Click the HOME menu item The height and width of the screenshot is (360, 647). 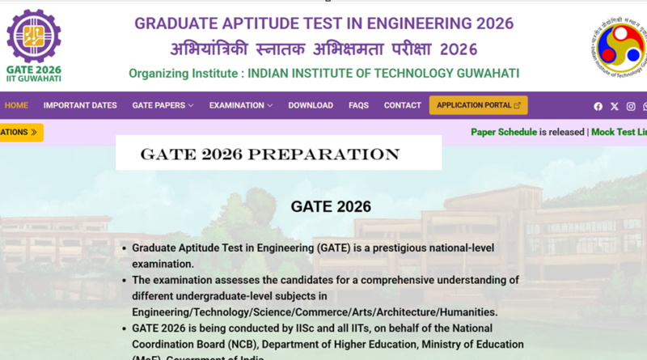[16, 105]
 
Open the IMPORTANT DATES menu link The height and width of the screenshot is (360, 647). [80, 105]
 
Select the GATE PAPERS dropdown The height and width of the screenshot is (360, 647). [163, 105]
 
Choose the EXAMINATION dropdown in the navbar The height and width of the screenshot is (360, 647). [240, 105]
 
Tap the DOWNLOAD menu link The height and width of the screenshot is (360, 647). [311, 105]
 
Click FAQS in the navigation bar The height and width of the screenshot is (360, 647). [358, 105]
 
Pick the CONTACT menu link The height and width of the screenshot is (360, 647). [402, 105]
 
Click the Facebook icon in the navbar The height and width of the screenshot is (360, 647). [598, 106]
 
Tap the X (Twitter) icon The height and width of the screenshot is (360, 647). [615, 106]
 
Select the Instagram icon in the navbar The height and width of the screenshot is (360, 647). [631, 106]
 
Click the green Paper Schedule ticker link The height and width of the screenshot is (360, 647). [504, 132]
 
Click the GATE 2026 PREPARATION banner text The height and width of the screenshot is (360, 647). [270, 154]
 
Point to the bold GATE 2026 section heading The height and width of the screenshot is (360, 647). [331, 206]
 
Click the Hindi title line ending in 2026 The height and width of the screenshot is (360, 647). [323, 49]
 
